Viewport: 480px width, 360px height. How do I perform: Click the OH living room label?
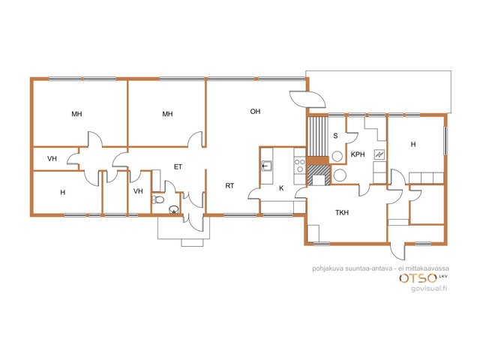click(x=255, y=112)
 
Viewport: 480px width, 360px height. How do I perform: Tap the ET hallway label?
click(x=178, y=166)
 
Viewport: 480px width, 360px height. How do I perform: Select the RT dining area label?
click(x=229, y=185)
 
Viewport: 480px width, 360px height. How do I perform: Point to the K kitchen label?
click(x=281, y=188)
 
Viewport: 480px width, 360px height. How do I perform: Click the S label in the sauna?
click(x=335, y=136)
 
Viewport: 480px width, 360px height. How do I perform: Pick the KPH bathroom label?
click(x=358, y=154)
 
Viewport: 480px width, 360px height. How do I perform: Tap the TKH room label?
click(x=342, y=212)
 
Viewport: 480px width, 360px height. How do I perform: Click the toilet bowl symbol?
click(x=158, y=200)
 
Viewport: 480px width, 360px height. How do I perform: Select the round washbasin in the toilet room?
click(x=174, y=209)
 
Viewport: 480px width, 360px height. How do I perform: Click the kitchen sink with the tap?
click(x=267, y=166)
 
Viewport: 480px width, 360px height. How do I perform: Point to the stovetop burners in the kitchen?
click(x=300, y=165)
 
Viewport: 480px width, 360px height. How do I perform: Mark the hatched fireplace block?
click(x=319, y=175)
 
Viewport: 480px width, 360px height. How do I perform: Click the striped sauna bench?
click(x=318, y=136)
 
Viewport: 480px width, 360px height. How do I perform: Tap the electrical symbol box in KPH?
click(x=379, y=154)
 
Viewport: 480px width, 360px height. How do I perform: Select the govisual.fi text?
click(x=429, y=288)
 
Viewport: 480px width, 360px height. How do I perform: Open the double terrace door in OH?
click(x=307, y=99)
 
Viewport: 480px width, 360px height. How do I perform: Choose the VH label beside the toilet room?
click(x=138, y=191)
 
